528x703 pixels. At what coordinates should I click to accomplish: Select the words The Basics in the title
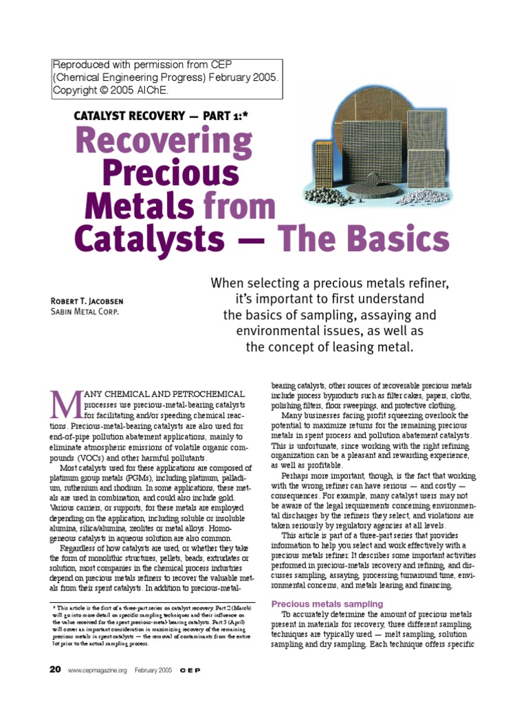point(364,238)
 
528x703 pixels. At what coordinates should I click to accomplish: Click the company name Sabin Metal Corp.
point(85,311)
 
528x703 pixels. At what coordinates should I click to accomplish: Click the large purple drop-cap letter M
point(65,406)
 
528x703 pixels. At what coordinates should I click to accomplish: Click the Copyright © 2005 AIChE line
point(111,90)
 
